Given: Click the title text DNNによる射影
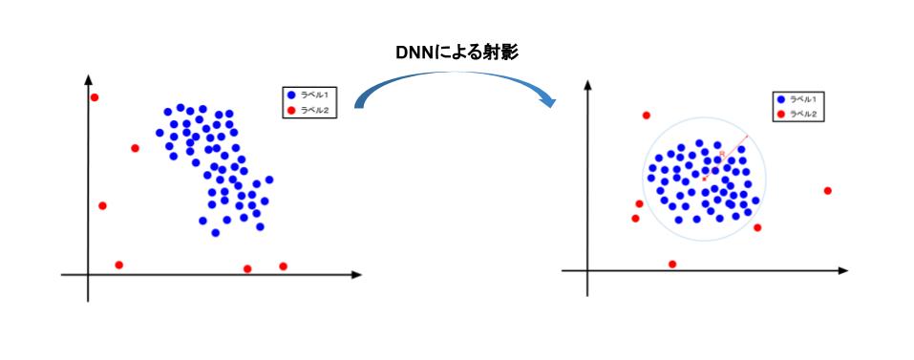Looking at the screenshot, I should point(457,53).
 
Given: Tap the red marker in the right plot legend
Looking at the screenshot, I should point(780,115).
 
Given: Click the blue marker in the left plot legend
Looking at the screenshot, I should point(291,95).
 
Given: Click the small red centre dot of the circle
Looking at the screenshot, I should point(705,178).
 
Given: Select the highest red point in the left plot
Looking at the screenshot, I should point(94,97).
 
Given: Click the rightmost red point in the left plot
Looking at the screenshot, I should point(283,265).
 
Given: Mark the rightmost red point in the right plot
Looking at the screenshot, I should point(827,191).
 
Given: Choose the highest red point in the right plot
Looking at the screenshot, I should point(646,116).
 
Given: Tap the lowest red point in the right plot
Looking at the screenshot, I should point(672,264).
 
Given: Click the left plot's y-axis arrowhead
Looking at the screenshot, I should point(88,79).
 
